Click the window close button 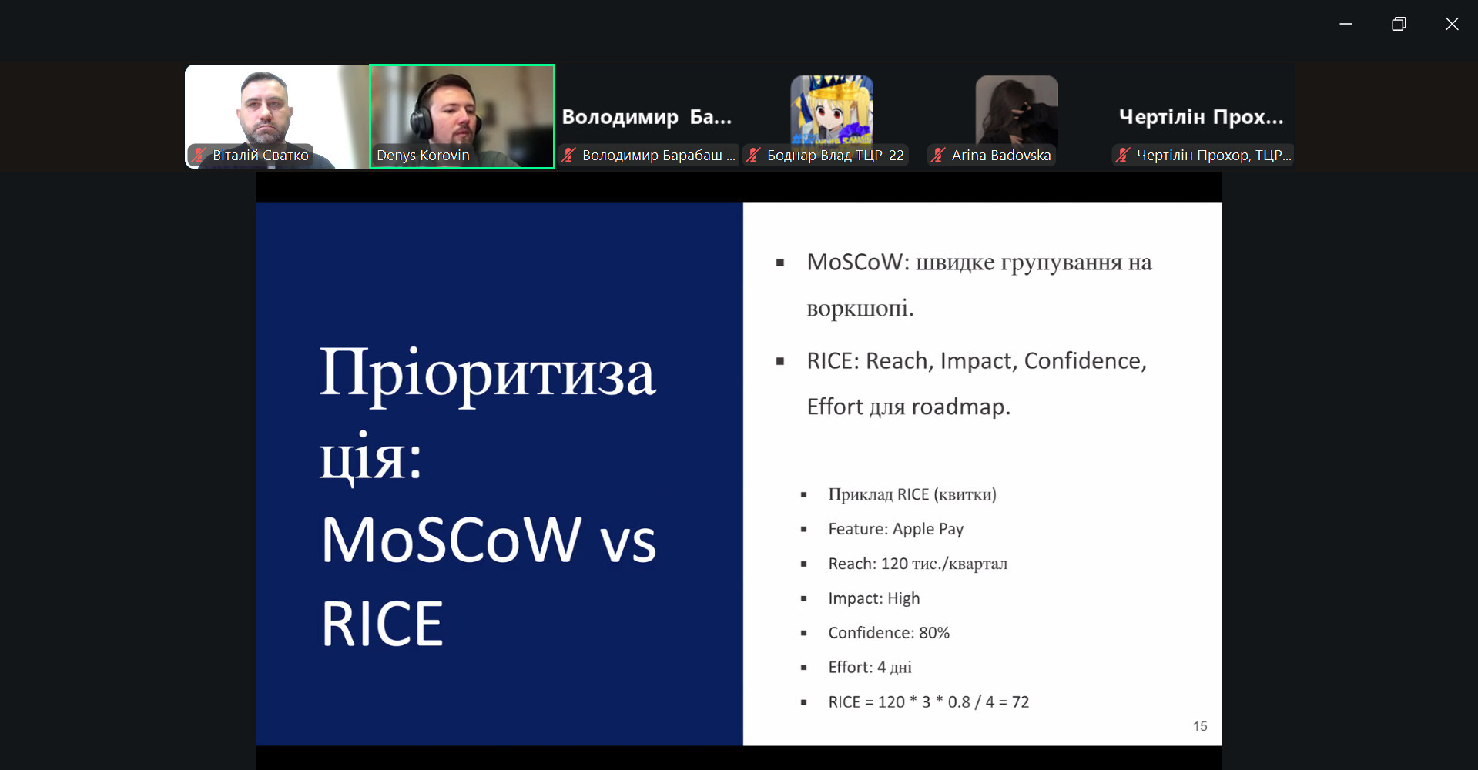(1452, 24)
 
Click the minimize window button (1346, 24)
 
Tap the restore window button (1399, 24)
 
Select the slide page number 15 (1200, 726)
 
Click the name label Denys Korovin (423, 155)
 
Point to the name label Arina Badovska (1001, 155)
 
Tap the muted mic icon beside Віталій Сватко (199, 155)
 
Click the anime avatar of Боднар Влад (832, 109)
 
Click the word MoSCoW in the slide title (451, 540)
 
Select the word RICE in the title (382, 624)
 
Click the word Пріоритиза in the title (488, 373)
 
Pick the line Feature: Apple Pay (896, 529)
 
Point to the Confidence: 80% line (889, 633)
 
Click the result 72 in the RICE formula (1021, 702)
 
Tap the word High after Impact (903, 598)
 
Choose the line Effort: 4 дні (870, 668)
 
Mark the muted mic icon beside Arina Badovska (938, 155)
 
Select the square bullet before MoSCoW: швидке (780, 263)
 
